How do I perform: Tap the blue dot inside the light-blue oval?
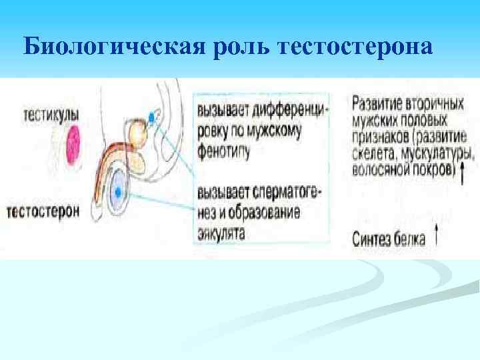(118, 191)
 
